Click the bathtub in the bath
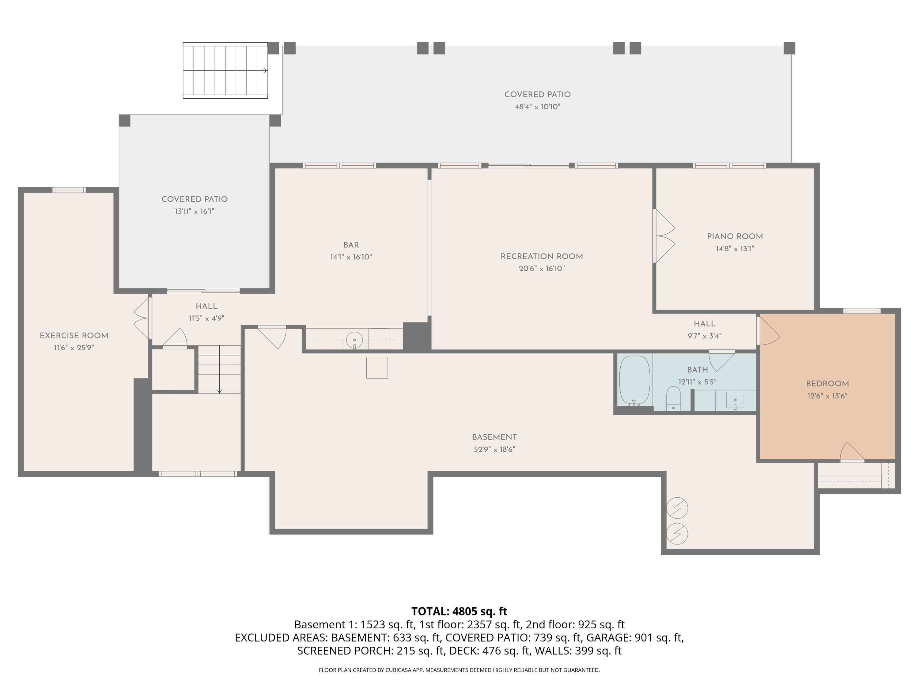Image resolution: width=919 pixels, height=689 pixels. point(634,380)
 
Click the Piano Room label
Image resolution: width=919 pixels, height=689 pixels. point(735,236)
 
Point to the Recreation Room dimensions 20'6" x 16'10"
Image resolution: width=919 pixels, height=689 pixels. point(542,269)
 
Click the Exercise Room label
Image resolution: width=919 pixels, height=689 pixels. point(74,336)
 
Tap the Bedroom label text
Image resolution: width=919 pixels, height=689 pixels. point(827,384)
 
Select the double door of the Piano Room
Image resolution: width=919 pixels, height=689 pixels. point(664,236)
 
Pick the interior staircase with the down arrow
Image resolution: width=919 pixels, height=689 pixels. point(219,369)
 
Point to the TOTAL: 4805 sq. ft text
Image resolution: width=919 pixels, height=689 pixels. point(459,611)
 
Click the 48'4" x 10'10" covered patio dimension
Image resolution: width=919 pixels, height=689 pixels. point(538,107)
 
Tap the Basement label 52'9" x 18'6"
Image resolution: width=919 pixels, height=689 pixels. point(494,443)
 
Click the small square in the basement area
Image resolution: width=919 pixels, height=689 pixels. point(377,367)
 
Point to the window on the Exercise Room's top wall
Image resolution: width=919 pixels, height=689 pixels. point(69,190)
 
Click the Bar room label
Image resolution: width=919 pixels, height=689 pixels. point(351,245)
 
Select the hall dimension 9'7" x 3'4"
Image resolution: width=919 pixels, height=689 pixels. point(705,336)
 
